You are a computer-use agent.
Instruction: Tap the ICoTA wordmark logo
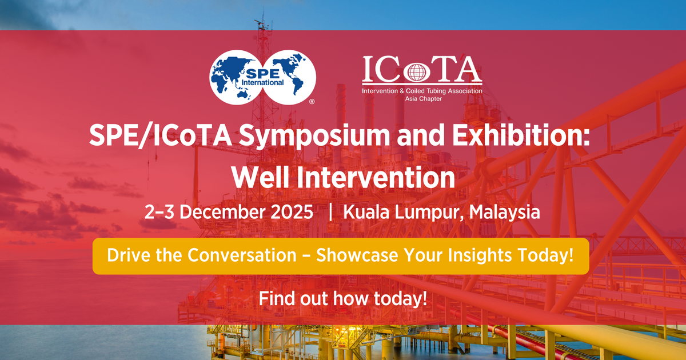(422, 70)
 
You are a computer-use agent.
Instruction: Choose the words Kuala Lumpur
(403, 212)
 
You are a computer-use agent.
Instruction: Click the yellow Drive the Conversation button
(341, 256)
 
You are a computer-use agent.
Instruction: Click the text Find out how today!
(343, 298)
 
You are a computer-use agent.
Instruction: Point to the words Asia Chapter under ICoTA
(422, 98)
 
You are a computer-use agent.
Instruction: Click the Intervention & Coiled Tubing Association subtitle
(422, 91)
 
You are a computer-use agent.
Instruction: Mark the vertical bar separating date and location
(330, 212)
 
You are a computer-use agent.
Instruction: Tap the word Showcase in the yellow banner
(359, 256)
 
